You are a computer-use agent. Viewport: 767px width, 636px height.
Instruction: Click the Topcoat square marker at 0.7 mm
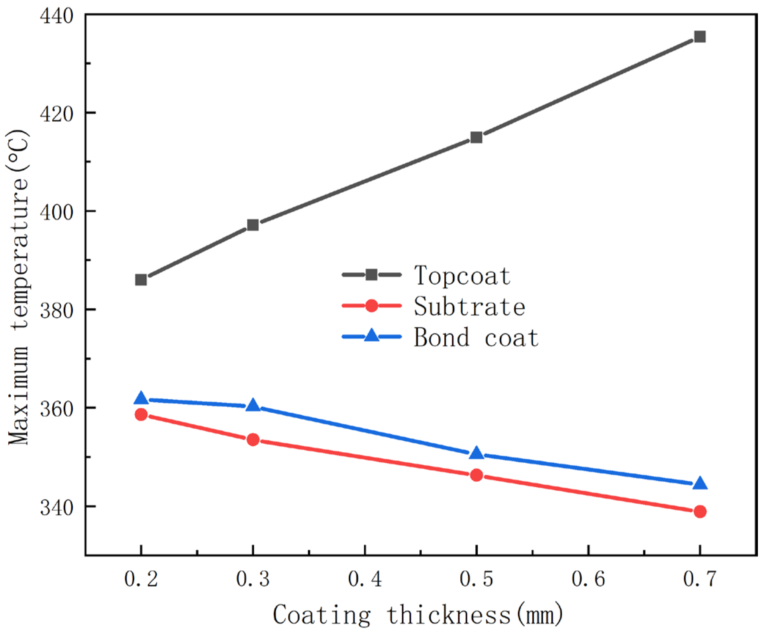(700, 37)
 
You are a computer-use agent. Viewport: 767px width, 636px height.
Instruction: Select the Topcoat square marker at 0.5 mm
(476, 137)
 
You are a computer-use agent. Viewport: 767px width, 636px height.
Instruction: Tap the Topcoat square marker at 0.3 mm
(253, 225)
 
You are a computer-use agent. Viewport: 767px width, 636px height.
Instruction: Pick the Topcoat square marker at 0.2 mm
(141, 280)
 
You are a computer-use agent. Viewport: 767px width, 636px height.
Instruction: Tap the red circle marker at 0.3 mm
(253, 440)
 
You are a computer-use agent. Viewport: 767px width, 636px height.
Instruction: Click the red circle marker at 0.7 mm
(700, 512)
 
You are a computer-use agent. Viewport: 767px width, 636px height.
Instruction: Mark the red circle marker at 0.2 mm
(141, 415)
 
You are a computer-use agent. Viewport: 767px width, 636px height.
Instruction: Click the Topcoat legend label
(462, 276)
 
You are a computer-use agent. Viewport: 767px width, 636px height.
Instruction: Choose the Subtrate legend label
(469, 306)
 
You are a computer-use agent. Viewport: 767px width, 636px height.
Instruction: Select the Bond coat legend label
(476, 337)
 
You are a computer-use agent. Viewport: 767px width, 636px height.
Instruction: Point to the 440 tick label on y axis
(56, 16)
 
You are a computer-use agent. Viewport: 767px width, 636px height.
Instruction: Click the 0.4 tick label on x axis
(364, 579)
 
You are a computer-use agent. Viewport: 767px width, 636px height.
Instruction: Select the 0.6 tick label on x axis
(588, 579)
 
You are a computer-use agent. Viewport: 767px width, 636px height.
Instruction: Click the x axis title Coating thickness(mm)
(418, 615)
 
